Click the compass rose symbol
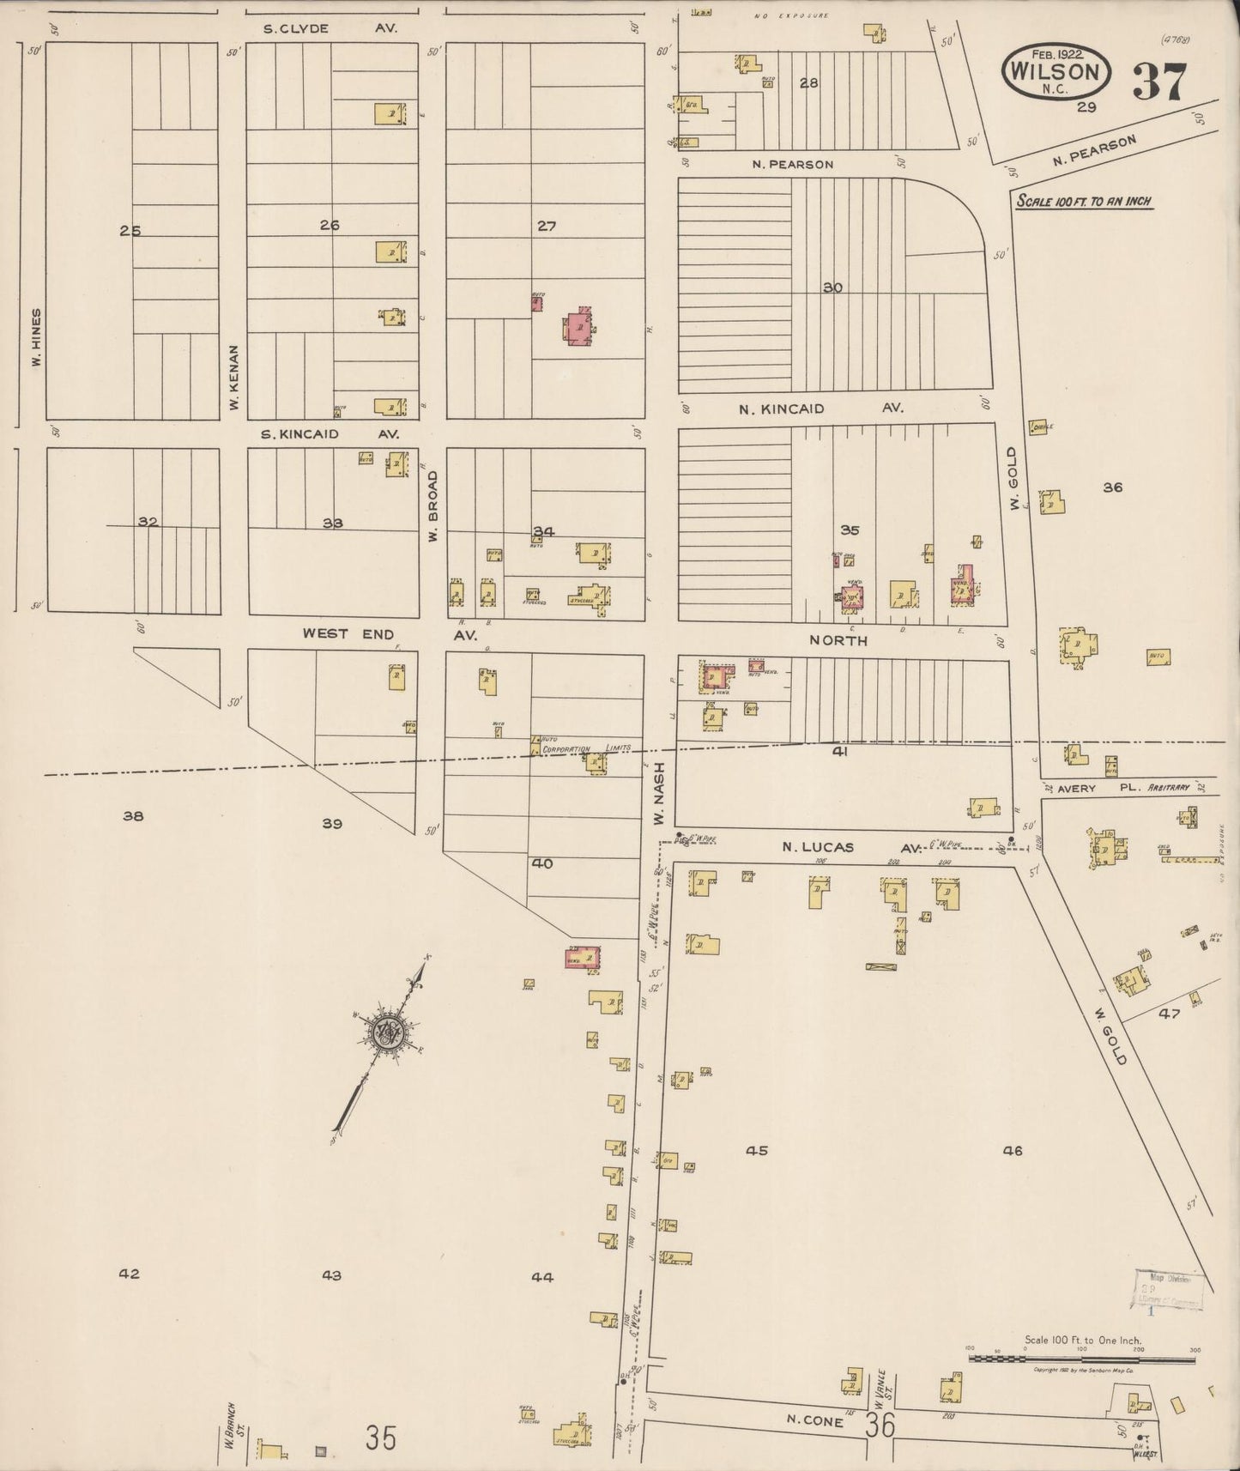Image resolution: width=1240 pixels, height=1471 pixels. point(389,1032)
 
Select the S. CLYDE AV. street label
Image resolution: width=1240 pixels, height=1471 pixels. point(330,28)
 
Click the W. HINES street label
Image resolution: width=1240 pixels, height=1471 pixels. point(36,337)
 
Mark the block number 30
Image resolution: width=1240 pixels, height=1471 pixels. point(832,288)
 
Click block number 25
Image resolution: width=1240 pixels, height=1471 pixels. point(130,230)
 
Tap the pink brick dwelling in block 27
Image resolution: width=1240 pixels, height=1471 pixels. point(579,327)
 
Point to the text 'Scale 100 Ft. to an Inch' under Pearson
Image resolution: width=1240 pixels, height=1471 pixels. point(1083,203)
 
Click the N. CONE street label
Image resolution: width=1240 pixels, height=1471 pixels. point(815,1420)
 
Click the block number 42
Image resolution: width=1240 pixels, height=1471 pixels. point(129,1274)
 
